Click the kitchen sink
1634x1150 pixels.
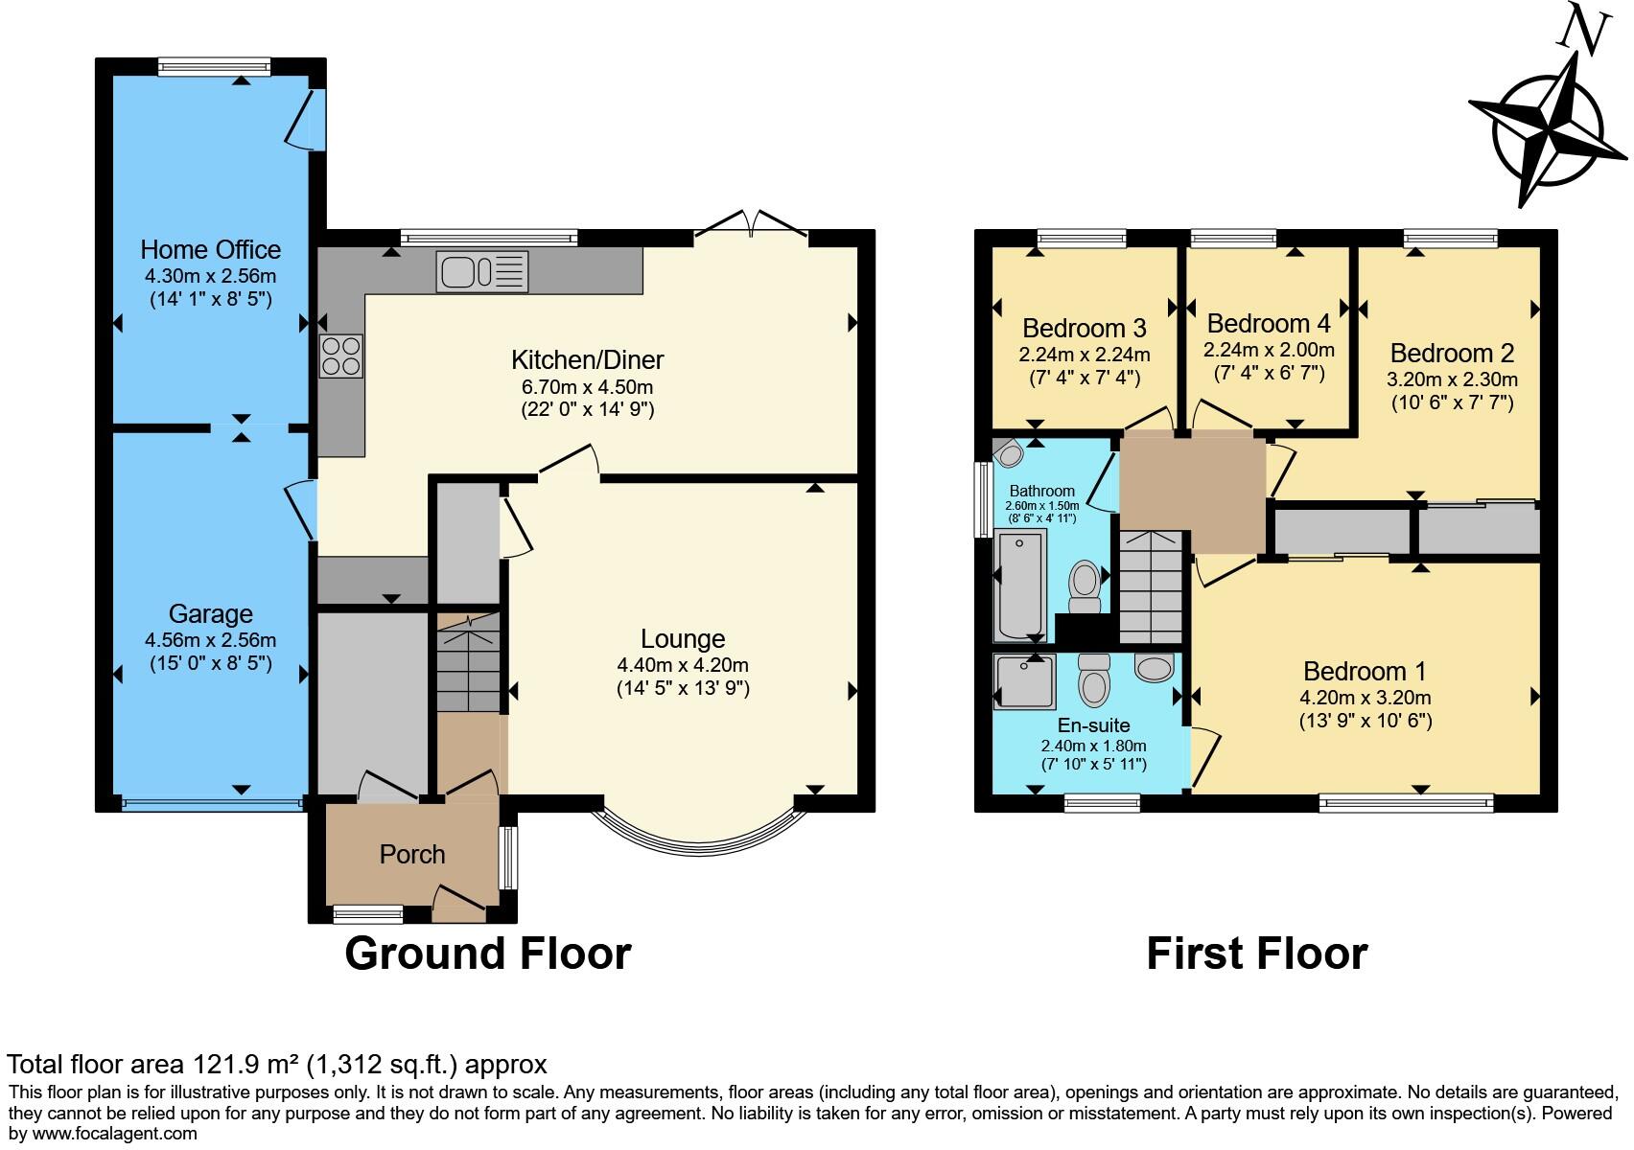tap(482, 272)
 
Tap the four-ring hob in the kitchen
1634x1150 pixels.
tap(340, 356)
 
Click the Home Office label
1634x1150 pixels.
tap(211, 249)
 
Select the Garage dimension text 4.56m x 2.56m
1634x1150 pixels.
tap(211, 640)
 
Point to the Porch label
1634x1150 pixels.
tap(412, 854)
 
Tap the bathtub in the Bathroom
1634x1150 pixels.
tap(1019, 586)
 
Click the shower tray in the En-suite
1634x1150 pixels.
tap(1024, 681)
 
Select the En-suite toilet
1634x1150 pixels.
tap(1093, 679)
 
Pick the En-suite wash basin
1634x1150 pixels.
tap(1154, 667)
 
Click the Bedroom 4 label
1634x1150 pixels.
tap(1269, 323)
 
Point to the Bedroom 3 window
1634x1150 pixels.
tap(1082, 238)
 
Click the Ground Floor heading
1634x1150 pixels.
tap(488, 954)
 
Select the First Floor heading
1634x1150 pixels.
tap(1257, 954)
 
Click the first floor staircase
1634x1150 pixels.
tap(1151, 587)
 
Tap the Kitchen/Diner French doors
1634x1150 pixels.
tap(752, 224)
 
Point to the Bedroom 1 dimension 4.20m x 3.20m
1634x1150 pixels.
tap(1365, 698)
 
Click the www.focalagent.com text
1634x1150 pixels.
tap(114, 1134)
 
